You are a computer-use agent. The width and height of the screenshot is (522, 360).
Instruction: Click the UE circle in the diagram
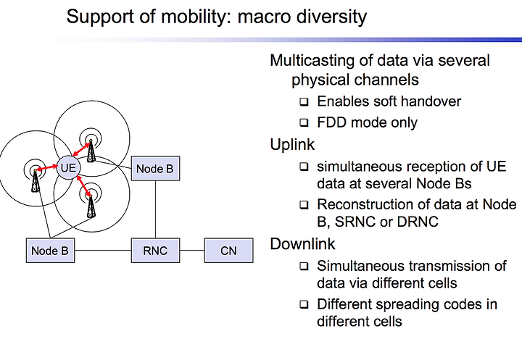69,168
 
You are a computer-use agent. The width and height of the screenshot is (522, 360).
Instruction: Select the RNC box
155,250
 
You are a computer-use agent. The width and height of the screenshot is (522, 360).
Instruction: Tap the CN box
228,250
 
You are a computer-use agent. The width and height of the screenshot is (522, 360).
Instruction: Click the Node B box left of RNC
50,250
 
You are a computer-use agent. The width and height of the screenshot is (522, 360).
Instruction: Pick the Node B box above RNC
155,168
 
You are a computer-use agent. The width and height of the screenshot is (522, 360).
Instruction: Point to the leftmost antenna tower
36,180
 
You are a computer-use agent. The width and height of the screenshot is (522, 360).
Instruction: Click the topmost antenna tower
91,151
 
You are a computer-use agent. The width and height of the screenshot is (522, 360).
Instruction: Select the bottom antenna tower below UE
91,206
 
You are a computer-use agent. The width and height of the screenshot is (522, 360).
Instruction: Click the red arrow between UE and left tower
47,168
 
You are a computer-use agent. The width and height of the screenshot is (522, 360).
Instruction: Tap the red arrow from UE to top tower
81,149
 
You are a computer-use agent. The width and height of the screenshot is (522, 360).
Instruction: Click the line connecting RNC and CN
192,250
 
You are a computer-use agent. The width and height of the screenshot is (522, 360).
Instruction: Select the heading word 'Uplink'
292,145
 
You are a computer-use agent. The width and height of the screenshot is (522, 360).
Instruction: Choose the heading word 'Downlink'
302,244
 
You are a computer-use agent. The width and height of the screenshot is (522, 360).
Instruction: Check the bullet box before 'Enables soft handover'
304,101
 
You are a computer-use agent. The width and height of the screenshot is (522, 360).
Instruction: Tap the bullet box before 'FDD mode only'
304,122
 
